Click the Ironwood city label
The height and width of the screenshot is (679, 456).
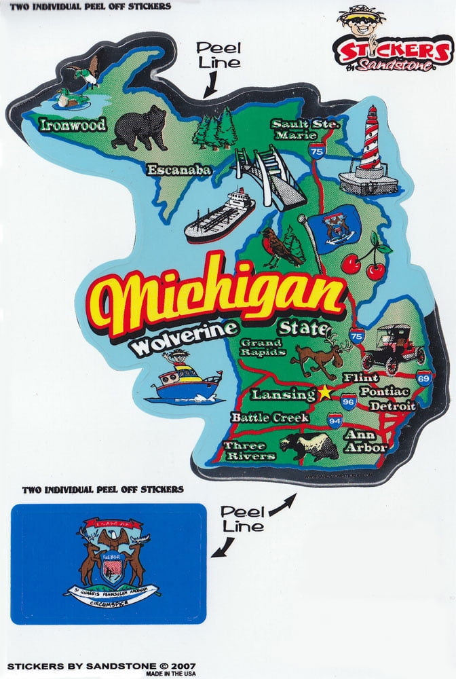(x=72, y=125)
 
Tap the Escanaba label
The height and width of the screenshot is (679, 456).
(x=179, y=170)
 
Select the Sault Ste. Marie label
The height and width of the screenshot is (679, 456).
(x=305, y=129)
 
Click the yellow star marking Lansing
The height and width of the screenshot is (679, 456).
(x=325, y=392)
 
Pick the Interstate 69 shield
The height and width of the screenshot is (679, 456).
(x=425, y=378)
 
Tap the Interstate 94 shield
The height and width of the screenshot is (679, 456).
(x=335, y=422)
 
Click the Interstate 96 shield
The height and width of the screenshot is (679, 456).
(x=348, y=401)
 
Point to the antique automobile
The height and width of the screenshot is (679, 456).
(x=394, y=348)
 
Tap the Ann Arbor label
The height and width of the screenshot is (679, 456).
(x=365, y=441)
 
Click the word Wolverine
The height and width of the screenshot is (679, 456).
(x=185, y=339)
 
